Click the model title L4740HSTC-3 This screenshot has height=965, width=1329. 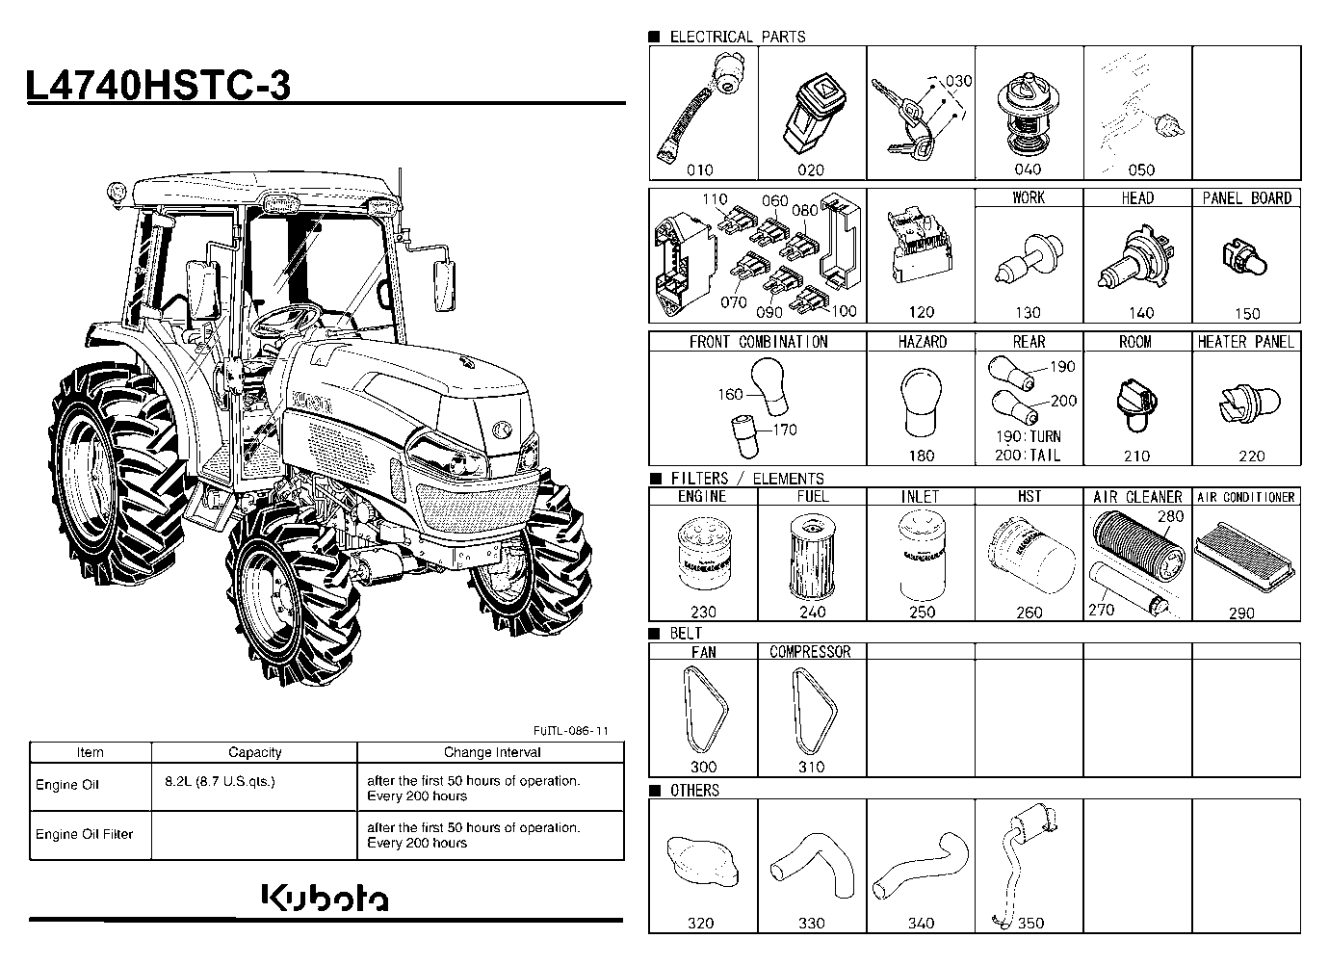158,85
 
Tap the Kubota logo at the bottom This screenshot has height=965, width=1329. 326,897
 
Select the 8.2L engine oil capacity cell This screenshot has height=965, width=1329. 221,782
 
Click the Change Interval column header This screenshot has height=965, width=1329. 492,752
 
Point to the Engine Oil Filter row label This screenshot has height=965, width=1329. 84,834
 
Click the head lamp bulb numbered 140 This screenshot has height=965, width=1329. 1134,258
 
